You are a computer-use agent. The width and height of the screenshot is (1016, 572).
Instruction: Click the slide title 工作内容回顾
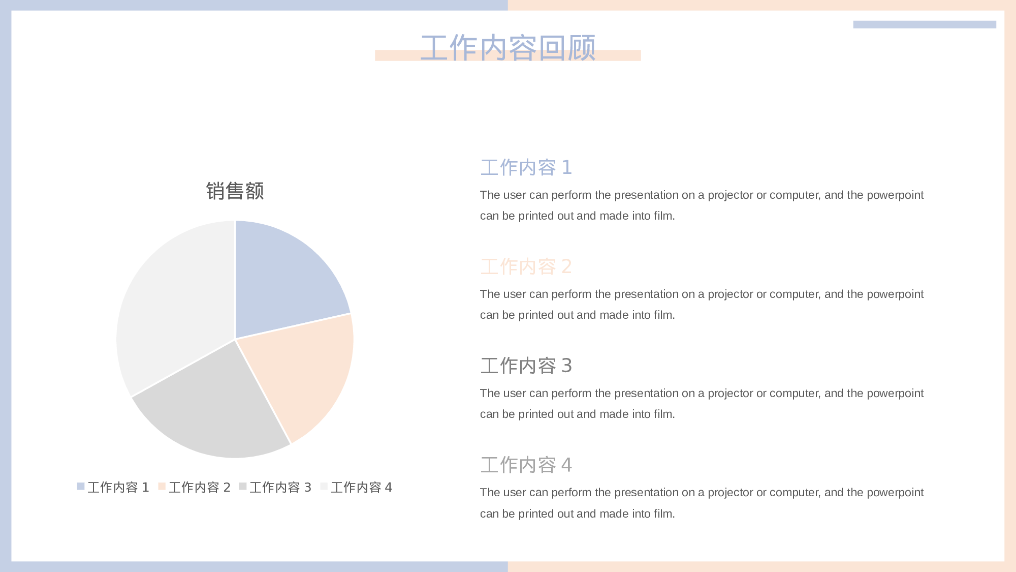[x=508, y=48]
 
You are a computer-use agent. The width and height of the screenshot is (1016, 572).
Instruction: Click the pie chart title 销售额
[x=235, y=191]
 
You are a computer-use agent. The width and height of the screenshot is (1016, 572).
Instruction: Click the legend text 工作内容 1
[x=118, y=488]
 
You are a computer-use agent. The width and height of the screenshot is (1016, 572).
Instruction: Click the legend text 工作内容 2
[x=200, y=488]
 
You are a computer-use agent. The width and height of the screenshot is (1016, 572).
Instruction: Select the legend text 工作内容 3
[x=280, y=488]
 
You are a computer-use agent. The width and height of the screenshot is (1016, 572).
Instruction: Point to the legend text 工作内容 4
[x=362, y=488]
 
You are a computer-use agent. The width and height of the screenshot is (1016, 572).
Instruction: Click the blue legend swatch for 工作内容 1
[x=81, y=487]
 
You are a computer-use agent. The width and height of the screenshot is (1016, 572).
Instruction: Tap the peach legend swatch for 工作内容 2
[x=162, y=487]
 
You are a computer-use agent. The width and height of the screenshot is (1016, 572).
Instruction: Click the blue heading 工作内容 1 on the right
[x=526, y=168]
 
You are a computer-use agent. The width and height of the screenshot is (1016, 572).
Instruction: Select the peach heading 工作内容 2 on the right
[x=526, y=267]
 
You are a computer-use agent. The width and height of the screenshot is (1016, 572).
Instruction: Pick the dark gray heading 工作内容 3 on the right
[x=526, y=366]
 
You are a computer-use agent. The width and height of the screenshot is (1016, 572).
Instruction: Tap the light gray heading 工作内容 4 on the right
[x=526, y=465]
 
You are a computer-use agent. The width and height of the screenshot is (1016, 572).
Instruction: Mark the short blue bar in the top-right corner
[x=925, y=24]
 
